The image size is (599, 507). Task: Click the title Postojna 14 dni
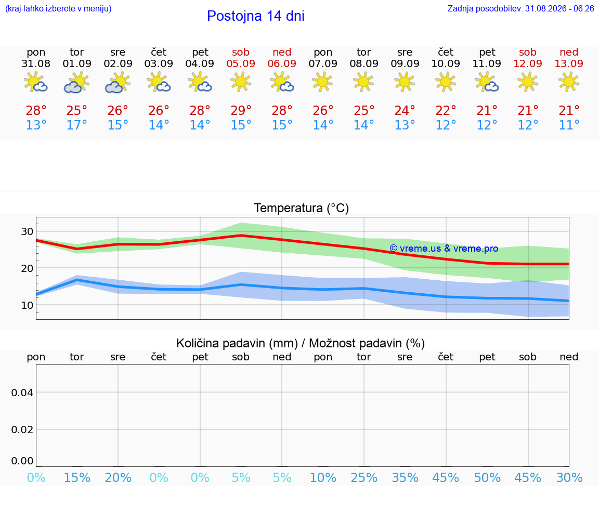(256, 16)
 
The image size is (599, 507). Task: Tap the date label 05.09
(241, 63)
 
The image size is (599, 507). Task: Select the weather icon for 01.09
(77, 83)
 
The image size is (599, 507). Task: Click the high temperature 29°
(241, 110)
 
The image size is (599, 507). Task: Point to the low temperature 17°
(77, 125)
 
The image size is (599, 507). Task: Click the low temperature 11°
(569, 125)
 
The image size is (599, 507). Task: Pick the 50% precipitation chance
(487, 478)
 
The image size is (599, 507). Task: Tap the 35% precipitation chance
(405, 478)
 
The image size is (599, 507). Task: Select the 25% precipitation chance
(363, 478)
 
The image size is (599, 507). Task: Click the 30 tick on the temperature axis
(27, 231)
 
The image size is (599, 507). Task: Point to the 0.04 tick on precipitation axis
(22, 393)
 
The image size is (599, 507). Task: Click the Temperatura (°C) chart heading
(302, 208)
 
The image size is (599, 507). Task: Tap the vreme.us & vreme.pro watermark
(444, 249)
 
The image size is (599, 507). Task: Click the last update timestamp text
(520, 9)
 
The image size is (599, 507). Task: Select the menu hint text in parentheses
(58, 9)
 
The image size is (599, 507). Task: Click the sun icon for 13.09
(569, 82)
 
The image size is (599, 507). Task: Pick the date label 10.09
(446, 63)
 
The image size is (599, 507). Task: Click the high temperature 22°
(446, 110)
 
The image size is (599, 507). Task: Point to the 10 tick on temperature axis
(27, 305)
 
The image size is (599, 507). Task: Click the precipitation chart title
(301, 344)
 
